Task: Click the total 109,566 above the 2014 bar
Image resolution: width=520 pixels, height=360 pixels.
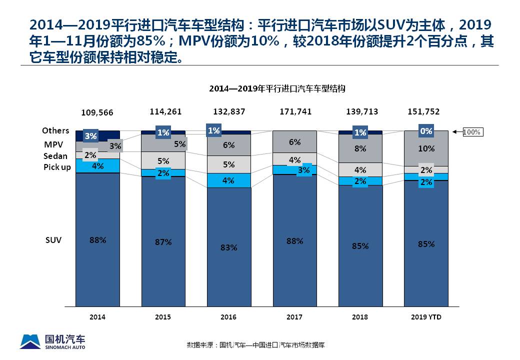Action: click(x=97, y=112)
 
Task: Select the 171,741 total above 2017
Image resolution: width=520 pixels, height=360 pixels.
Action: click(x=294, y=111)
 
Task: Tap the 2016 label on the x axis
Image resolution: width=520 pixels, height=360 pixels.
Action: click(x=228, y=317)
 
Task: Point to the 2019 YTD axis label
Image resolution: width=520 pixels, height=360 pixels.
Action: click(x=426, y=317)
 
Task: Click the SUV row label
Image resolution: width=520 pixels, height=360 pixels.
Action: click(x=53, y=240)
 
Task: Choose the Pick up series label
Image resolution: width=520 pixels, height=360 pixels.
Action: click(x=57, y=167)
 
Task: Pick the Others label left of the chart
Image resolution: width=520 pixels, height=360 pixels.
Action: click(x=55, y=130)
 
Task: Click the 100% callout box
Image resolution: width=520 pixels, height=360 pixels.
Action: click(x=471, y=132)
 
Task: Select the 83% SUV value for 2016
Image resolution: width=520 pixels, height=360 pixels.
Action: click(x=228, y=247)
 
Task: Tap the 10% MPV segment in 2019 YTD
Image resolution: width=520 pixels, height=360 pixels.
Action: click(x=426, y=148)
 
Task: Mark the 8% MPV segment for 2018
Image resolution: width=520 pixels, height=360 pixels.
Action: click(x=360, y=148)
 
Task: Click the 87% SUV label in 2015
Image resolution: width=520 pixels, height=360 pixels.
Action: click(x=163, y=242)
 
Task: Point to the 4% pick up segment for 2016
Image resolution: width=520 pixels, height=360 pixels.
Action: click(x=228, y=180)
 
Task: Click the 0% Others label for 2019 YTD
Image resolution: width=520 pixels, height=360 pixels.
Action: click(x=426, y=131)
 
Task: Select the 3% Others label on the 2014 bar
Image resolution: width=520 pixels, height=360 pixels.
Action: click(x=90, y=135)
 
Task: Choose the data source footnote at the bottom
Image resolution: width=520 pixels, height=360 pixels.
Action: click(x=256, y=345)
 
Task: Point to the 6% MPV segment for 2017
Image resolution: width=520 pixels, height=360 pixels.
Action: click(x=294, y=142)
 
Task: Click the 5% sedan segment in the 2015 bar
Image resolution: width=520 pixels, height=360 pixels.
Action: click(x=163, y=160)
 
